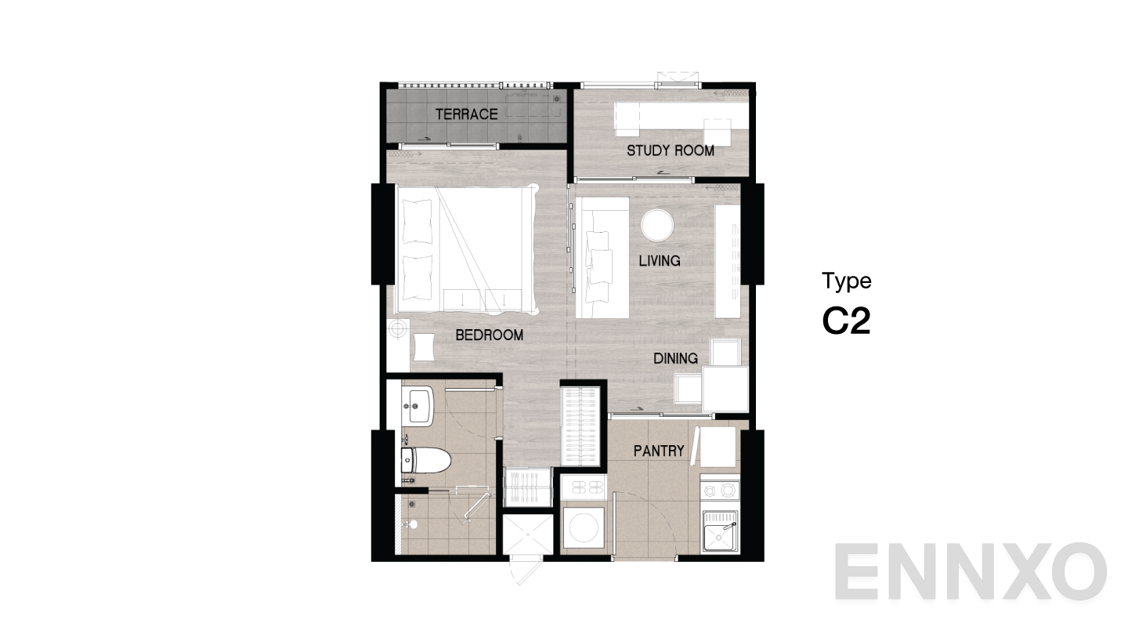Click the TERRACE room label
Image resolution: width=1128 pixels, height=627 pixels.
(x=466, y=114)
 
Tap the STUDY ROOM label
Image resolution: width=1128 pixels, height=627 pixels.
(x=670, y=150)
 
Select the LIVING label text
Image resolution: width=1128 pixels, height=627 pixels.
(x=659, y=260)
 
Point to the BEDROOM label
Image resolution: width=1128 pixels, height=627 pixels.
(x=489, y=335)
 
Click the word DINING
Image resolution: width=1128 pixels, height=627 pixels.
(x=675, y=359)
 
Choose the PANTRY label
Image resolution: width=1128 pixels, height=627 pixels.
(x=659, y=451)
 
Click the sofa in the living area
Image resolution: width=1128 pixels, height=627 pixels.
(x=603, y=257)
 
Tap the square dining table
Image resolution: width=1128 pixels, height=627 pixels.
(x=725, y=388)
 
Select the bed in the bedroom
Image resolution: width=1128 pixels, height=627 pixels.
(x=466, y=247)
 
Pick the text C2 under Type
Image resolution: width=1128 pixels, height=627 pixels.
(x=846, y=321)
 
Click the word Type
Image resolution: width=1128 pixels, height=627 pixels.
(x=846, y=281)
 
